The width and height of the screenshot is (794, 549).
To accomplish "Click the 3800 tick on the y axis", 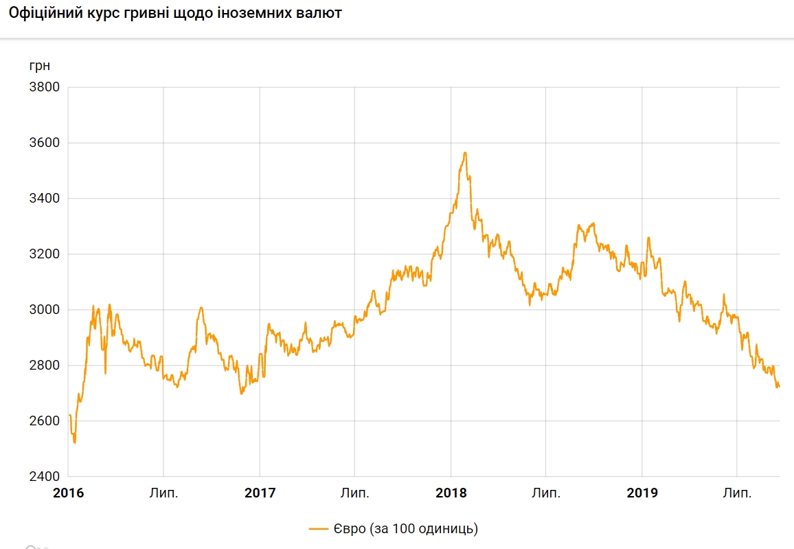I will point(44,87).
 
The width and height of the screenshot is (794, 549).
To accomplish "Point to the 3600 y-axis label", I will point(44,143).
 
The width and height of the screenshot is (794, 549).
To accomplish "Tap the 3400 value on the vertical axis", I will point(44,199).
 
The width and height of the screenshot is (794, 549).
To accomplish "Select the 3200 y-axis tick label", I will point(44,254).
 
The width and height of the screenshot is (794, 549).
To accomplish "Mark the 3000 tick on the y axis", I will point(44,310).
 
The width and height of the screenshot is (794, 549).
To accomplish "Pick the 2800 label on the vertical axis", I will point(44,366).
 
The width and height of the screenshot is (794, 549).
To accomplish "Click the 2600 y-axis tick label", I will point(44,421).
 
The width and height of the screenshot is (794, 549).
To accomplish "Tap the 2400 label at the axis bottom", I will point(44,477).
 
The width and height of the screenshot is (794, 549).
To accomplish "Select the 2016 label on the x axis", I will point(68,493).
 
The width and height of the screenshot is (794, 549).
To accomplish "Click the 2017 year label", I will point(260,493).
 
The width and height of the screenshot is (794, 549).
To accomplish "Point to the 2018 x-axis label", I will point(451,493).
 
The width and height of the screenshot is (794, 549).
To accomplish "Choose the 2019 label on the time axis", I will point(642,493).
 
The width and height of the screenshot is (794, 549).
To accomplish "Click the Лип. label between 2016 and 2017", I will point(163,493).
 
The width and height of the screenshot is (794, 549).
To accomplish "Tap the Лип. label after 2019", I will point(737,493).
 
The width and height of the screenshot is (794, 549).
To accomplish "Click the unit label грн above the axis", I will point(39,67).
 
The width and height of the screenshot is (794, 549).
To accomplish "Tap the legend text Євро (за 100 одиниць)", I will point(405,529).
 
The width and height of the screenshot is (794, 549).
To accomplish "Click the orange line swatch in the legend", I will point(319,529).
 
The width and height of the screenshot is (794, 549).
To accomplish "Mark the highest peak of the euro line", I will point(465,153).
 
